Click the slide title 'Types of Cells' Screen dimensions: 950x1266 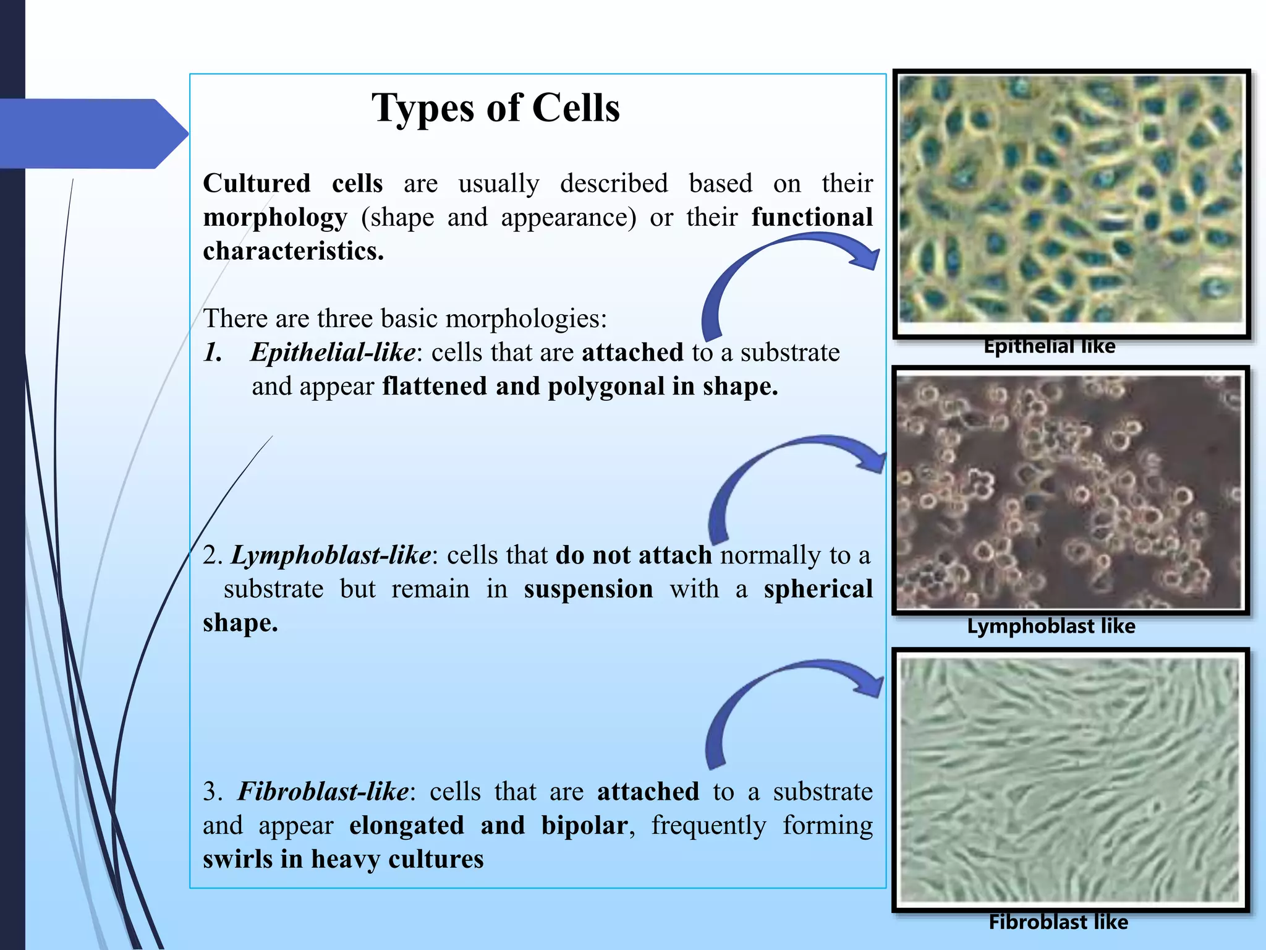[495, 109]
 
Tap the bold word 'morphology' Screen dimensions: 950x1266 [275, 218]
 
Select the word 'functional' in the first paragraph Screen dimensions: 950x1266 [812, 218]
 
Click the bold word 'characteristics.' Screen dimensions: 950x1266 [293, 252]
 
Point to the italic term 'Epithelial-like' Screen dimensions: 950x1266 [333, 353]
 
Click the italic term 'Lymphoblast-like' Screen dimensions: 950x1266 [331, 555]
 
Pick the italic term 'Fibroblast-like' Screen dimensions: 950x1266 [323, 792]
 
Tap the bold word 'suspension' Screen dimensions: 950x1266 [588, 589]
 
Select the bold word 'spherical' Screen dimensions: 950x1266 [818, 589]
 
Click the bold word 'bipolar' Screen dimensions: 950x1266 [584, 826]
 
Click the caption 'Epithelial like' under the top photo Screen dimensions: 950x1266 [1049, 346]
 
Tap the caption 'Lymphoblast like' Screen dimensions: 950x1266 [1051, 627]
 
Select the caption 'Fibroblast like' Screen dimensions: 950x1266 [1058, 922]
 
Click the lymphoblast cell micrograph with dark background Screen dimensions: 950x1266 [1069, 492]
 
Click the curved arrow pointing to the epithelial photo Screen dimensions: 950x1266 [773, 266]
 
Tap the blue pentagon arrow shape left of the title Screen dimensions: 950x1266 [93, 134]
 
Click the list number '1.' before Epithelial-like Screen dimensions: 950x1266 [213, 353]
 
